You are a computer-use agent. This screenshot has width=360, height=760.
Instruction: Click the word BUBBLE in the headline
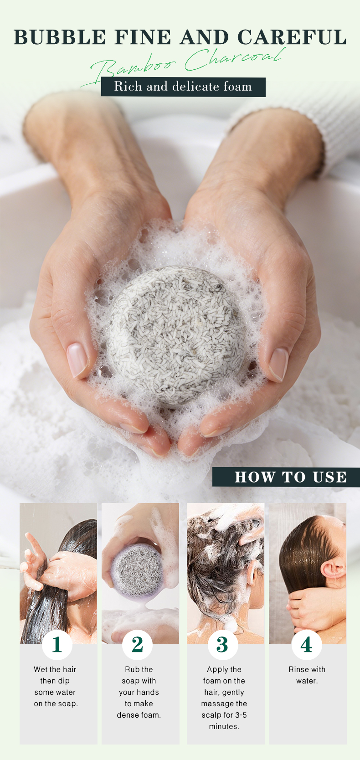click(x=60, y=37)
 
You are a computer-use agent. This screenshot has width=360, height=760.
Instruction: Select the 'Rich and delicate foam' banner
click(x=183, y=87)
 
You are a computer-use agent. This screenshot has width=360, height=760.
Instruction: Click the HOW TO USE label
click(x=290, y=477)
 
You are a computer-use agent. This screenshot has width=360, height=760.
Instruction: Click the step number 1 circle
click(x=57, y=645)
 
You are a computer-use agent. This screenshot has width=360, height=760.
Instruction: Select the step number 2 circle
click(x=137, y=645)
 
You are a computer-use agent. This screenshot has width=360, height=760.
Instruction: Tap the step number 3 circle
click(x=222, y=645)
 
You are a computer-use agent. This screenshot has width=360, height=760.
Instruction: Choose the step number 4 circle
click(x=307, y=645)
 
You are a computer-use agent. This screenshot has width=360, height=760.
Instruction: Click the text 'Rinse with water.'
click(x=307, y=675)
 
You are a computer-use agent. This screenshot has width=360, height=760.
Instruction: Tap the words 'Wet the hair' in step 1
click(x=55, y=669)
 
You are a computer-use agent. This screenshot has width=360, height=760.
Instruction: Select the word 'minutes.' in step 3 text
click(x=224, y=726)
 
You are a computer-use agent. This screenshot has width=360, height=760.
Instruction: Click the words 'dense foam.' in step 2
click(x=139, y=715)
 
